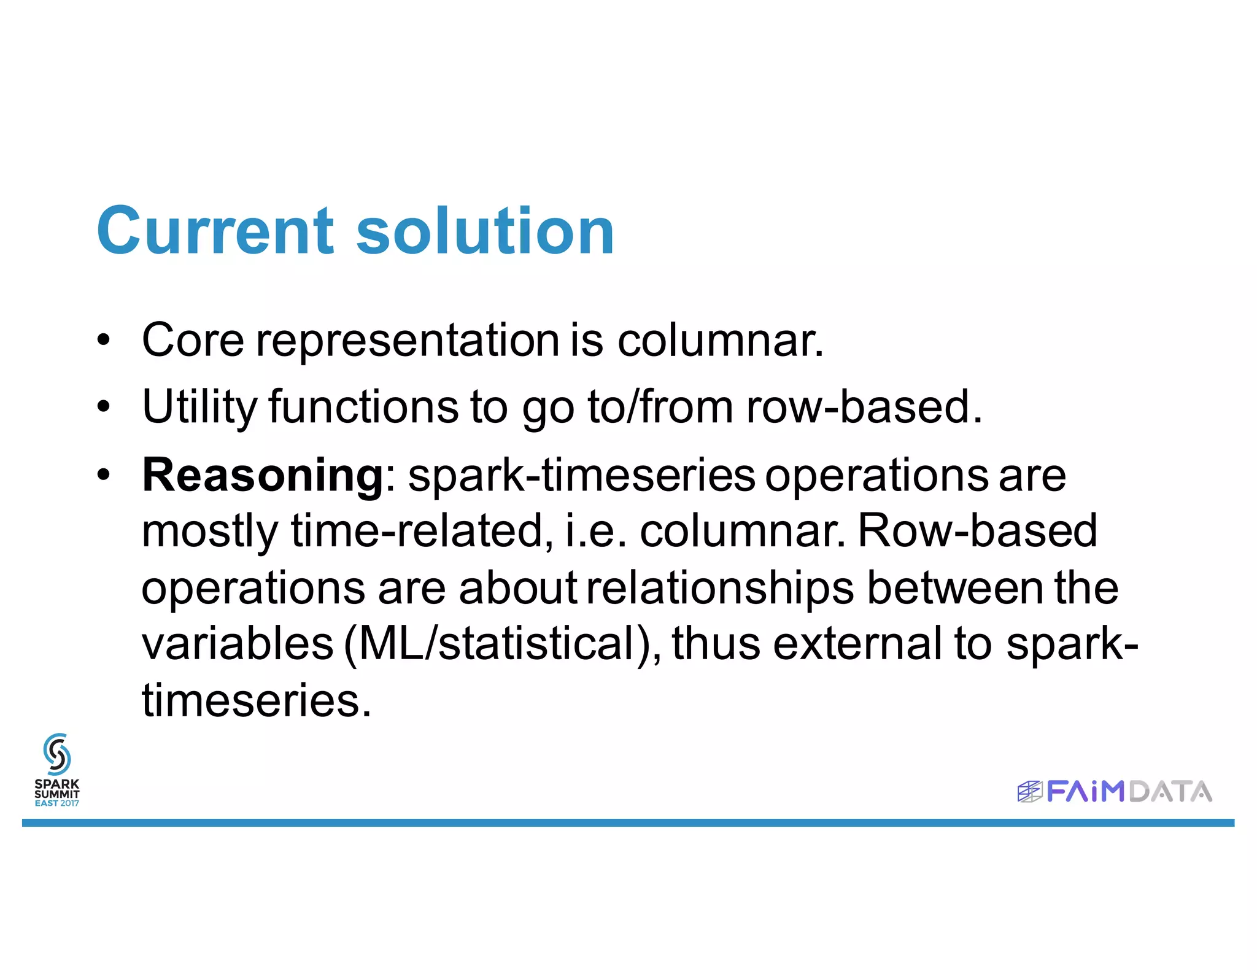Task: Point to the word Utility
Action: point(199,407)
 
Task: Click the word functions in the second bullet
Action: point(363,407)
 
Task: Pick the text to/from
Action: point(660,407)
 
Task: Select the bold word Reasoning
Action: point(263,475)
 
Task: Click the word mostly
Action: point(210,532)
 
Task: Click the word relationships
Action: point(719,588)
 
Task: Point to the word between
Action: point(955,588)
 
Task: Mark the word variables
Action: point(238,644)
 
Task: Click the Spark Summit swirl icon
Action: point(56,754)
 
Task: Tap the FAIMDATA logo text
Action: point(1128,792)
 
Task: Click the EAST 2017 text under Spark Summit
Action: point(56,803)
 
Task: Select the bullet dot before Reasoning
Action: point(104,475)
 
